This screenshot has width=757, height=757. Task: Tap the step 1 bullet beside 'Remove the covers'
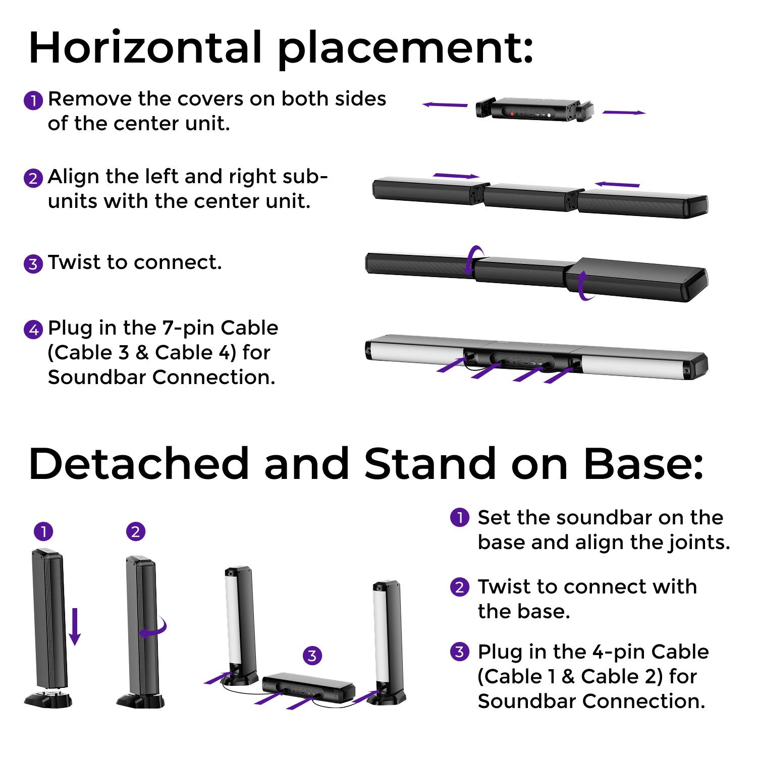[33, 100]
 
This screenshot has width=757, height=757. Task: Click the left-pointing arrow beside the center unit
[445, 105]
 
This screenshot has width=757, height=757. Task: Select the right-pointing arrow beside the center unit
[624, 112]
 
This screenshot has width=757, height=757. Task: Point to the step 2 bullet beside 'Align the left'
[33, 178]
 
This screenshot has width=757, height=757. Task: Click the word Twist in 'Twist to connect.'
[74, 262]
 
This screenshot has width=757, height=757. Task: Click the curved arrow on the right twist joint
[584, 286]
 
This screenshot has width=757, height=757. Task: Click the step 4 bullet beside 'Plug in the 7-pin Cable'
[33, 330]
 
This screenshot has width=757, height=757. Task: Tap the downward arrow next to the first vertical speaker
[75, 626]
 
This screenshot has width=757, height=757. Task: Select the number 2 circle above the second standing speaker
[135, 531]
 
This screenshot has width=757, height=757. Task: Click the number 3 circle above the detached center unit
[312, 656]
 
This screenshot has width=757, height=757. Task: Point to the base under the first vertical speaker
[48, 699]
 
